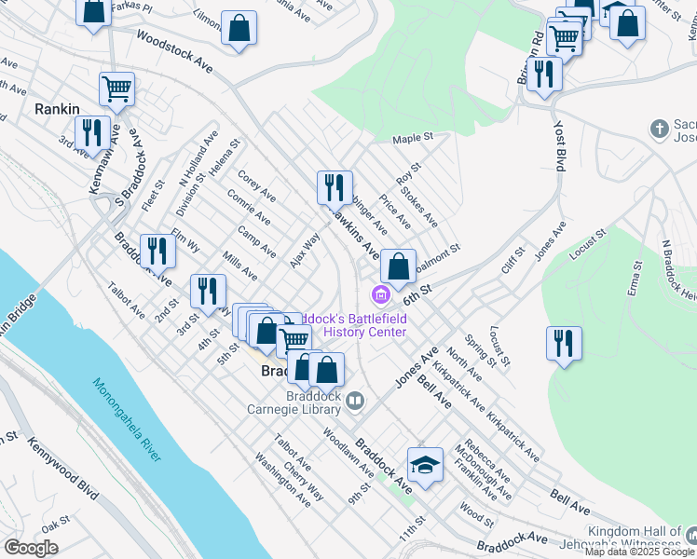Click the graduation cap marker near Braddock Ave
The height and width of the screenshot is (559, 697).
[x=425, y=465]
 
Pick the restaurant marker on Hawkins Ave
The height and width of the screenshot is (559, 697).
[x=335, y=186]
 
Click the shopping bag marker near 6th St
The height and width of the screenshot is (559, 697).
[x=398, y=266]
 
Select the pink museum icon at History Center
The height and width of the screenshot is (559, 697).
[x=380, y=297]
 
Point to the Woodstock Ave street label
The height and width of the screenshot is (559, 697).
[x=174, y=49]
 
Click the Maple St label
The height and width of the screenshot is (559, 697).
[x=414, y=138]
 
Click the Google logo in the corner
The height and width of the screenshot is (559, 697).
[x=31, y=548]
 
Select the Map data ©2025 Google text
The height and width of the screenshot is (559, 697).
[x=640, y=552]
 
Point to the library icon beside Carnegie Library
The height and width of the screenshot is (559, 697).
[x=355, y=402]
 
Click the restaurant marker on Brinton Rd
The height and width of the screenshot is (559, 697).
[x=543, y=74]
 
